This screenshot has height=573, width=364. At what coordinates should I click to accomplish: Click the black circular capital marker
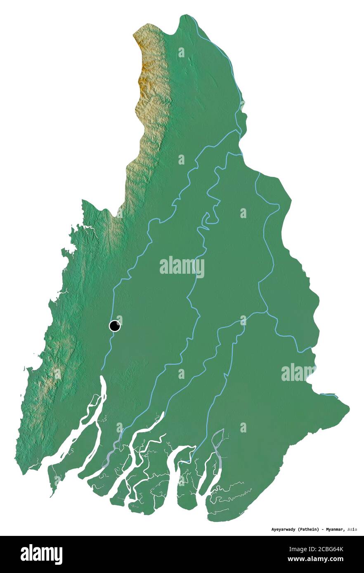pos(115,326)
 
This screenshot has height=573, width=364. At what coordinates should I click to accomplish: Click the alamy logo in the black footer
pos(41,554)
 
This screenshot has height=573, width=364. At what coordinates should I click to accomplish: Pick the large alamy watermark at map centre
pos(182,267)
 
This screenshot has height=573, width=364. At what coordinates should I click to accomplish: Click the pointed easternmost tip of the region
pos(349,408)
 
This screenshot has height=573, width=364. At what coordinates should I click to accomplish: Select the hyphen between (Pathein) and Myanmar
pos(322,529)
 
